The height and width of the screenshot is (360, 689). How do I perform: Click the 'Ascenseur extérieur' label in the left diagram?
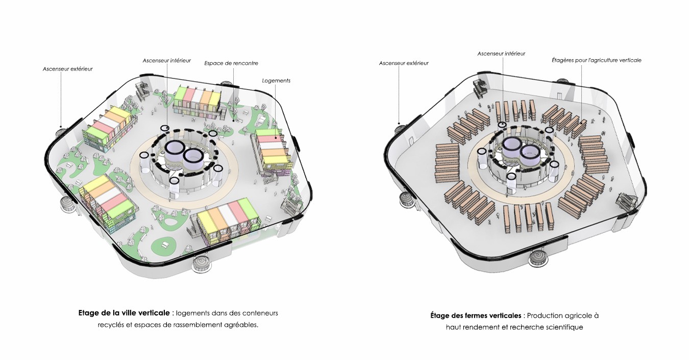click(x=67, y=68)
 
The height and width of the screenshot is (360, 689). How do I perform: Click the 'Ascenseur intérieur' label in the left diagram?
click(x=167, y=60)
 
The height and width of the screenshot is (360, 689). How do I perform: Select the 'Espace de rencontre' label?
click(x=231, y=63)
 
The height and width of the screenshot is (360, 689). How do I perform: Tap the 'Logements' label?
click(x=276, y=81)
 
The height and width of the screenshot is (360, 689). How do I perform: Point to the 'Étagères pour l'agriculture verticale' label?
click(x=596, y=60)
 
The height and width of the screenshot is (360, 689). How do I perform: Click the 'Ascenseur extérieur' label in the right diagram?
click(x=404, y=63)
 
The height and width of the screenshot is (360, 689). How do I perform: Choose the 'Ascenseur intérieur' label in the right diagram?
click(x=501, y=54)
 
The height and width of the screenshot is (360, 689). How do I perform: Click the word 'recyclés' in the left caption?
click(x=111, y=325)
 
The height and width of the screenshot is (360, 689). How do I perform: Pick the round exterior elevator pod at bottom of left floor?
click(x=201, y=262)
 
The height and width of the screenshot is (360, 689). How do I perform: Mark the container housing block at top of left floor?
click(x=198, y=100)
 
